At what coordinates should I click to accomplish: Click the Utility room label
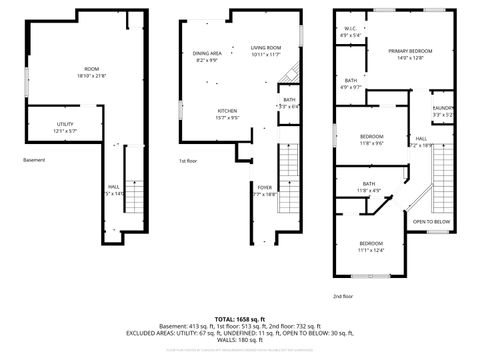(65, 124)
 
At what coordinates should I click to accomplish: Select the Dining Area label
(208, 53)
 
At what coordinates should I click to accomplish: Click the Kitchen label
(228, 110)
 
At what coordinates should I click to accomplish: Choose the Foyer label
(265, 187)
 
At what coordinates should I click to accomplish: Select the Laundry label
(443, 108)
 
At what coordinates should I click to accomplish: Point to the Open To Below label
(432, 221)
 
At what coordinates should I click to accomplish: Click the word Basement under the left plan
(35, 159)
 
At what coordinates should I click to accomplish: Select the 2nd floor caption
(344, 296)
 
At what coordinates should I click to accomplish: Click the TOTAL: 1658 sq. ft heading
(239, 319)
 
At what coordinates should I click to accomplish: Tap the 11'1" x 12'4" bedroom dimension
(371, 250)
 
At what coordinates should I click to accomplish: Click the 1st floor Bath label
(289, 99)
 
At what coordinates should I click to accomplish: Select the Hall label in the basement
(114, 187)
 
